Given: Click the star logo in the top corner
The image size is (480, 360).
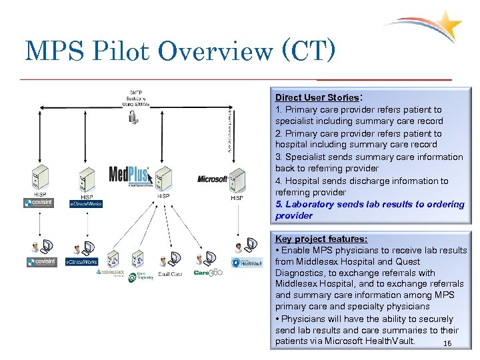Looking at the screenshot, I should click(x=448, y=25).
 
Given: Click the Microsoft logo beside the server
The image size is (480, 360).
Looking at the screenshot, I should click(x=212, y=179).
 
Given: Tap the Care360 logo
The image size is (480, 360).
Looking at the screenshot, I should click(x=208, y=273).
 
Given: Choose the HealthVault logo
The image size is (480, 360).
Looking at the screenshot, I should click(x=247, y=263).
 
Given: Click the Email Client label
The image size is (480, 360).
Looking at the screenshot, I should click(x=170, y=274).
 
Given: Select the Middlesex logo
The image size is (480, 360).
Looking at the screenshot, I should click(x=110, y=272).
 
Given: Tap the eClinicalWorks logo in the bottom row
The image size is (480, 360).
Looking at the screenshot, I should click(x=81, y=262).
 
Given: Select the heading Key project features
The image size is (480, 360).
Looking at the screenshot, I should click(x=321, y=239).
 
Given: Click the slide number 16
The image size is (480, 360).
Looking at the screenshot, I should click(x=447, y=344).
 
